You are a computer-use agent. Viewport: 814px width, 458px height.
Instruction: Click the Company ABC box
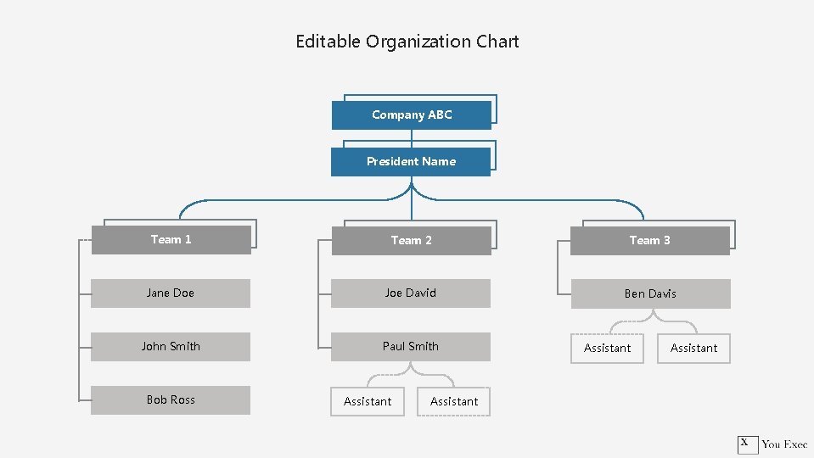tap(412, 114)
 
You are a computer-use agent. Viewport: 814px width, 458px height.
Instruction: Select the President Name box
tap(411, 161)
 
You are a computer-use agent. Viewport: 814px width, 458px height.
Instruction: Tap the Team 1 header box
tap(171, 240)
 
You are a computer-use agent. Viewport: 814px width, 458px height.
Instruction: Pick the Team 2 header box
tap(411, 241)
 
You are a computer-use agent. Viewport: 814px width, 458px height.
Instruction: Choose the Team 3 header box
tap(649, 241)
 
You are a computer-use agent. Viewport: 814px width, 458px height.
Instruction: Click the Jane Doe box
tap(171, 293)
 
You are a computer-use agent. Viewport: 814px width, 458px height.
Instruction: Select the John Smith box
tap(171, 347)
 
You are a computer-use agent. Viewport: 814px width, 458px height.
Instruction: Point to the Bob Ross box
tap(171, 400)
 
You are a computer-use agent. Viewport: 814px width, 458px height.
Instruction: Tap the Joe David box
tap(411, 293)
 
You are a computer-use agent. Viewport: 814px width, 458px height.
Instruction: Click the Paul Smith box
tap(411, 347)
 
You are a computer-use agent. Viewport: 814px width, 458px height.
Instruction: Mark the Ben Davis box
tap(650, 294)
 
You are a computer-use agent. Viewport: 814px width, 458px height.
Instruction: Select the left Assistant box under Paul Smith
tap(368, 402)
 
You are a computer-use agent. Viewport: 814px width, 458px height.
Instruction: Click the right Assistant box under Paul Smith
tap(454, 402)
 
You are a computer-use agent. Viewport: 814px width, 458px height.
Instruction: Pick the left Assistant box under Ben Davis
tap(607, 349)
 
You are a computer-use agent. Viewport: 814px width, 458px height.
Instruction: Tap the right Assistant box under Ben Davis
tap(693, 349)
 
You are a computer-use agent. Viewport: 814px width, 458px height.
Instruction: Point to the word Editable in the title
tap(328, 42)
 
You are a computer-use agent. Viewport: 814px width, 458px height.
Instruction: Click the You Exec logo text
tap(784, 444)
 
